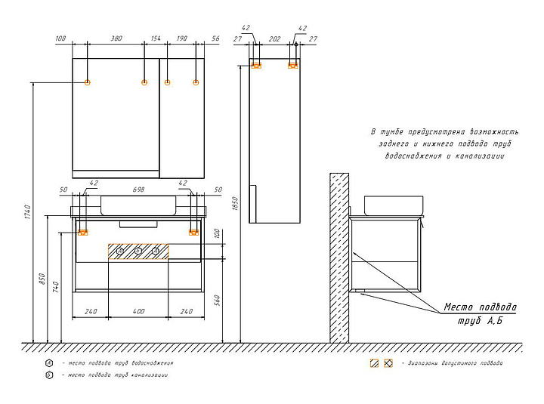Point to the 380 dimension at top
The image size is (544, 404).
[x=116, y=39]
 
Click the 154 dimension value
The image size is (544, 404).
[x=156, y=39]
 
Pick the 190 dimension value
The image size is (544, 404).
[x=181, y=39]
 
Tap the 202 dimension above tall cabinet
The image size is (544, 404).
[x=274, y=39]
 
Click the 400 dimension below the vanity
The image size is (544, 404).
[x=138, y=311]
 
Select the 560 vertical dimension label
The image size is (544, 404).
[x=218, y=301]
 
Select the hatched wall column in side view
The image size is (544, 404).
[x=338, y=257]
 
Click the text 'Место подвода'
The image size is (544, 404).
[x=480, y=307]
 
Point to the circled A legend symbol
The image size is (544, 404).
[x=49, y=362]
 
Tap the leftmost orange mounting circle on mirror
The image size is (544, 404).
[x=88, y=82]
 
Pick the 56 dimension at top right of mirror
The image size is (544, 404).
[x=215, y=39]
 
